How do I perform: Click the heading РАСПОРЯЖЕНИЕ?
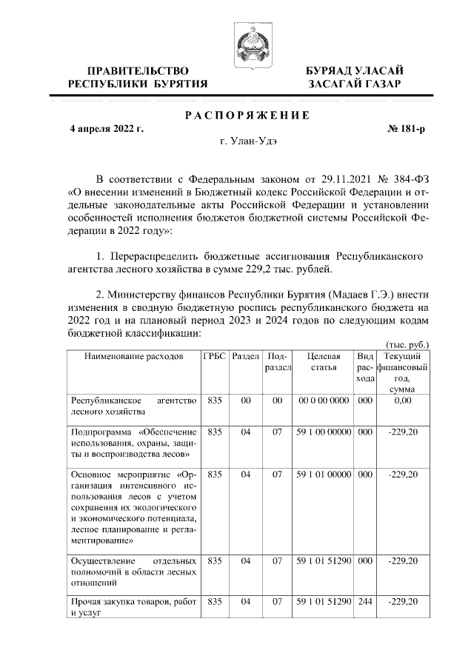point(246,115)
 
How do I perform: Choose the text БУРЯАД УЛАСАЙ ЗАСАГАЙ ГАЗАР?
point(355,77)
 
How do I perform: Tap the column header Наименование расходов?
point(133,356)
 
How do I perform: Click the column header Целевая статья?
point(323,361)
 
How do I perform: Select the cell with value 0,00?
point(403,401)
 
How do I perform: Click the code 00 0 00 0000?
point(323,401)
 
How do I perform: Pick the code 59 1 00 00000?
point(323,432)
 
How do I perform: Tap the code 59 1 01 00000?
point(323,474)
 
